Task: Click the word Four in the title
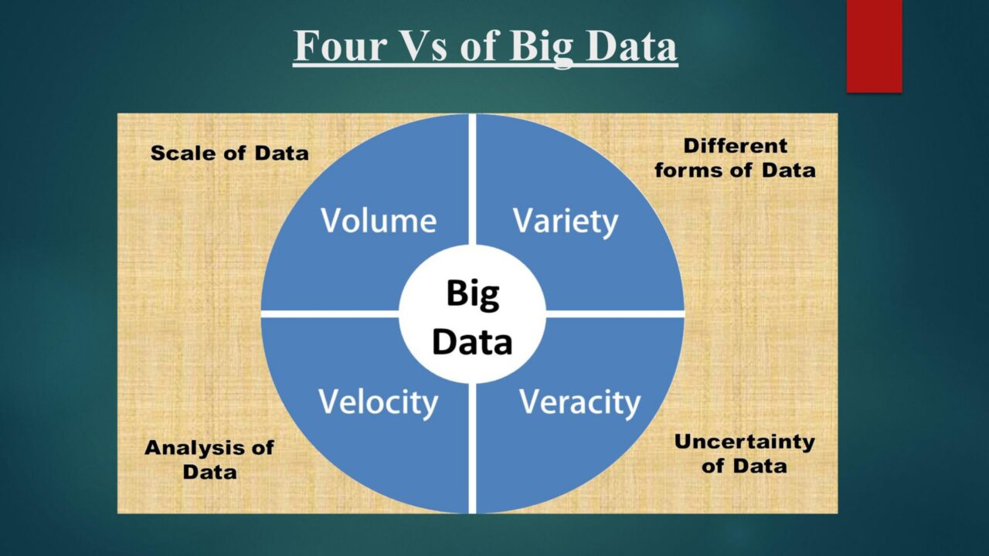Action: click(x=340, y=46)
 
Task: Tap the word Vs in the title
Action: click(x=425, y=46)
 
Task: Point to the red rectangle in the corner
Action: click(x=874, y=46)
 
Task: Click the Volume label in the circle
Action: click(x=379, y=220)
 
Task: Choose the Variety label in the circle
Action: click(x=566, y=222)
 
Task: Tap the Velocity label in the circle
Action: click(x=379, y=403)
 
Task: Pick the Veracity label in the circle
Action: click(x=579, y=403)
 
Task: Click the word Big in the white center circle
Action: click(x=473, y=295)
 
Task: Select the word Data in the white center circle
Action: click(x=472, y=342)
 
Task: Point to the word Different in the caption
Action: click(x=736, y=146)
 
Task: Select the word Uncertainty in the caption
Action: click(x=745, y=442)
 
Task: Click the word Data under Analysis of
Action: click(x=209, y=472)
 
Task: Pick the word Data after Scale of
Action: click(x=282, y=153)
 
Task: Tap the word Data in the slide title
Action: click(x=632, y=46)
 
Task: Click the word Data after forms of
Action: click(x=789, y=171)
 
